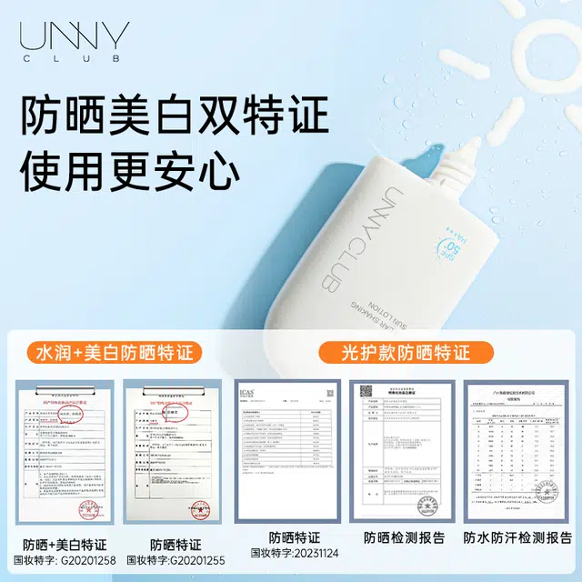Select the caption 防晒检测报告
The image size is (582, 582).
coord(405,537)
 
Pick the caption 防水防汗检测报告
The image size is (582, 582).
coord(516,537)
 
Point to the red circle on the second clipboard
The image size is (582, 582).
coord(176,412)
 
